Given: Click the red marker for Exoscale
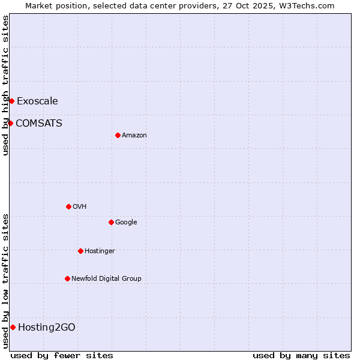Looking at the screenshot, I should coord(11,101).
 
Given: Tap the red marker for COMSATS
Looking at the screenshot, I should coord(10,123).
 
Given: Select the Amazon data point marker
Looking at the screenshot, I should coord(118,135).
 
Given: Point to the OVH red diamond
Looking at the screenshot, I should coord(68,206).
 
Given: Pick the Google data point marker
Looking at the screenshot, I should coord(111,222).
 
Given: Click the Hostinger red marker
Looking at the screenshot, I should coord(80,251).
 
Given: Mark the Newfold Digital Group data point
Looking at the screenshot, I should coord(67,278).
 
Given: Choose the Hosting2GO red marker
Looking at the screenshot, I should coord(13,327).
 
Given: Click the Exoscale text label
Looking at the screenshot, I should coord(37,101).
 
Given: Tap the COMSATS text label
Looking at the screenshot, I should coord(39,123).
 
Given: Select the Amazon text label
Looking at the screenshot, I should coord(134,135).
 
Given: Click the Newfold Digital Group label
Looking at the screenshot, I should coord(106,278).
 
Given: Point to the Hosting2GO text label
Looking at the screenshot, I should coord(47,327).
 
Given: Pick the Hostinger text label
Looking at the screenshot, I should coord(100,251).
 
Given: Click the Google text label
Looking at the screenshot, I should coord(126,222).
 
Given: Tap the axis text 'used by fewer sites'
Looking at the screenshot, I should coord(62,355).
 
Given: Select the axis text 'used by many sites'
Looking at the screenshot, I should coord(301,355).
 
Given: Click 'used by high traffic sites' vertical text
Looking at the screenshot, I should coord(5,85).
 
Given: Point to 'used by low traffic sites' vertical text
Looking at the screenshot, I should coord(5,281).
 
